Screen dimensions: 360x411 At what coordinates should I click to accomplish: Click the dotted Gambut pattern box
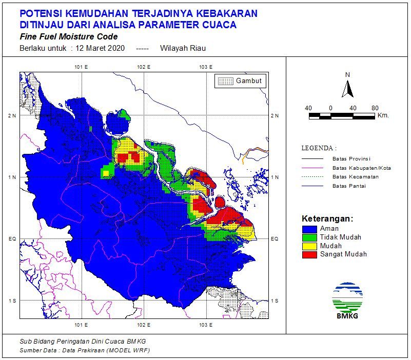(x=225, y=81)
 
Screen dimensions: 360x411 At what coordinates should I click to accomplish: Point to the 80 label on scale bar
(x=375, y=108)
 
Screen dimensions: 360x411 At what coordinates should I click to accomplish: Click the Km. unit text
(x=383, y=115)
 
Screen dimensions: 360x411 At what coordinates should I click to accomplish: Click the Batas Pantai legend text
(x=348, y=186)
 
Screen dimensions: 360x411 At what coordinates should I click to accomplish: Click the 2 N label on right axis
(x=275, y=115)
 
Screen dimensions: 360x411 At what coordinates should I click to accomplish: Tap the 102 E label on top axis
(x=144, y=67)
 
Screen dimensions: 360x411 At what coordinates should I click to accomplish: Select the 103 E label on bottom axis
(x=206, y=325)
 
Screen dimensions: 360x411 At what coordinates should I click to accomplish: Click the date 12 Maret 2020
(x=100, y=48)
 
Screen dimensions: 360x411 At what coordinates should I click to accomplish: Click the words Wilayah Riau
(x=183, y=48)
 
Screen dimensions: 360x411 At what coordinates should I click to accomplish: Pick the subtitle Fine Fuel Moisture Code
(x=68, y=37)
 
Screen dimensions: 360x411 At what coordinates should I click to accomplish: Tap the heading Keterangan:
(x=327, y=218)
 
